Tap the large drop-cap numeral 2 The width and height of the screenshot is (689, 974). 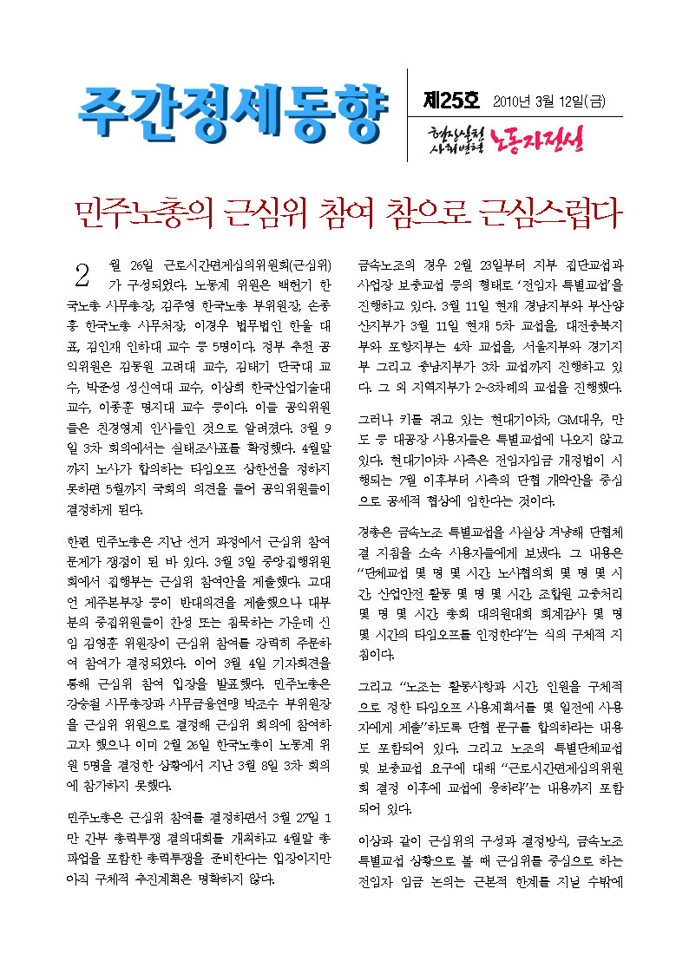[x=82, y=276]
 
